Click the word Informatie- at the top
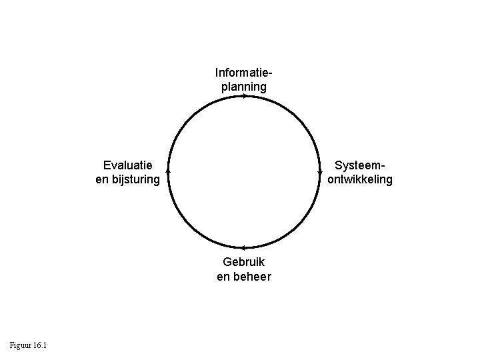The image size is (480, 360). pyautogui.click(x=244, y=72)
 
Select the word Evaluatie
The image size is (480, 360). pyautogui.click(x=128, y=165)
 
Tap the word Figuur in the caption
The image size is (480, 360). pyautogui.click(x=21, y=345)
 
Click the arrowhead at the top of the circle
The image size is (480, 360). pyautogui.click(x=245, y=97)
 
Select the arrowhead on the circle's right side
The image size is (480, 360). pyautogui.click(x=321, y=171)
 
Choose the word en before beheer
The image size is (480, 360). pyautogui.click(x=223, y=276)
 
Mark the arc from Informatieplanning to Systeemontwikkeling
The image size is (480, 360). pyautogui.click(x=298, y=119)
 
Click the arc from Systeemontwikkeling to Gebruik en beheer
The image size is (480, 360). pyautogui.click(x=298, y=225)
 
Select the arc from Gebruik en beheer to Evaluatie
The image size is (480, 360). pyautogui.click(x=191, y=225)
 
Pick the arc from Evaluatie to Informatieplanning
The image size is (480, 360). pyautogui.click(x=191, y=119)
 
